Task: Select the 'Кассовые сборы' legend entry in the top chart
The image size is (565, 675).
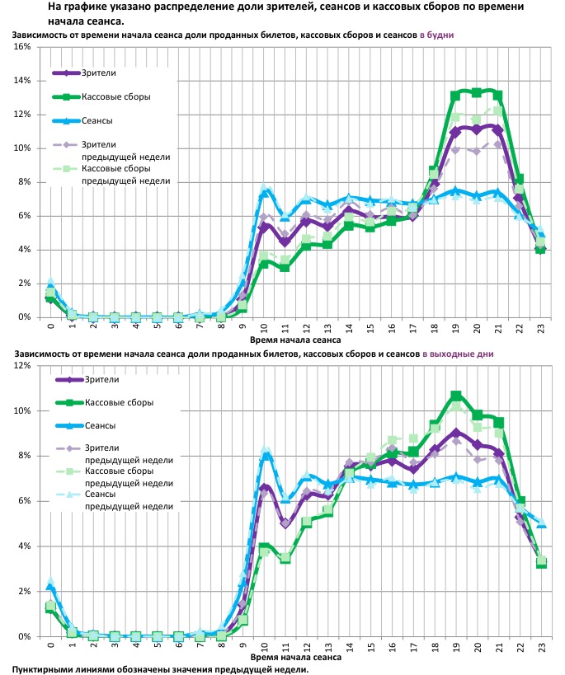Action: pos(115,97)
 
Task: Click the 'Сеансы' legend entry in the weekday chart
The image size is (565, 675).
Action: pos(97,120)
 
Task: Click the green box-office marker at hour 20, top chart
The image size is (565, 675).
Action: pos(477,92)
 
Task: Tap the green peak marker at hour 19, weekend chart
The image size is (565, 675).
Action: pos(456,396)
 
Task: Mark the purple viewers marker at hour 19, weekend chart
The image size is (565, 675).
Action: pos(456,432)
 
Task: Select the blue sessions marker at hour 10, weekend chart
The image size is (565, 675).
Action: pos(266,456)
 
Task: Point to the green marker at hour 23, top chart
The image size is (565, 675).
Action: pos(540,249)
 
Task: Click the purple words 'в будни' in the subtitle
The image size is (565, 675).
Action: pos(437,36)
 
